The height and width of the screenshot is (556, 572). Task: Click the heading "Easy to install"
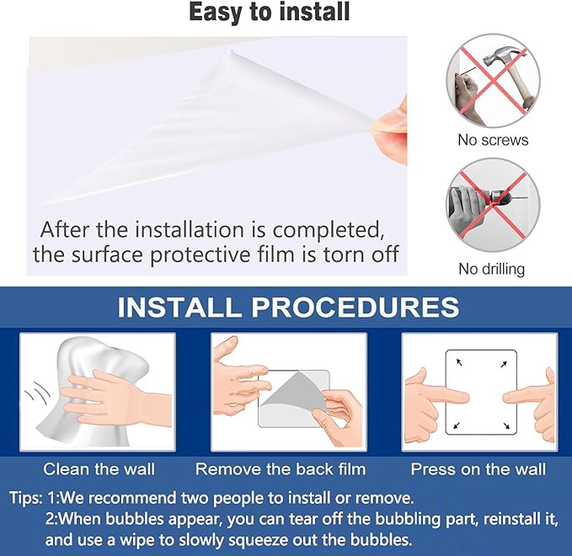pos(270,12)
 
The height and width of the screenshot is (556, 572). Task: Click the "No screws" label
pos(493,140)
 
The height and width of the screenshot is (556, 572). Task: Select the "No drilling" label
pos(491,269)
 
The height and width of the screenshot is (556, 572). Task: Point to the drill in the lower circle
pos(496,199)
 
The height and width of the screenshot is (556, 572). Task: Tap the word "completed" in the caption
pos(329,231)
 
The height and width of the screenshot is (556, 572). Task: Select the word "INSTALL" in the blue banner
pos(179,307)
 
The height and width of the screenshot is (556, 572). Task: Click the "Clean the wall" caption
pos(99,469)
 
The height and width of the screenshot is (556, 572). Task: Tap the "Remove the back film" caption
pos(281,469)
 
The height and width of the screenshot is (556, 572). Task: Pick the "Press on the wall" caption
pos(478,469)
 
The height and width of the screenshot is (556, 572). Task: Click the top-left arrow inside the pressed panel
pos(459,362)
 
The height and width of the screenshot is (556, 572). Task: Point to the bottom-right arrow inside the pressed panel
pos(506,425)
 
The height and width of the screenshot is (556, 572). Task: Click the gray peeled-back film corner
pos(290,392)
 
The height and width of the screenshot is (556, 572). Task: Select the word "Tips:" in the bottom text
pos(26,498)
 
